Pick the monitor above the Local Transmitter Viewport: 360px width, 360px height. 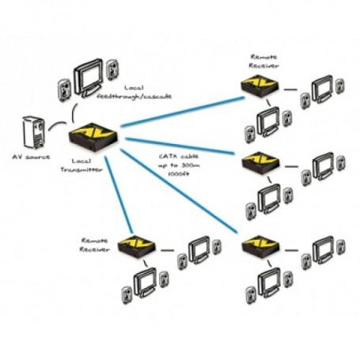[89, 74]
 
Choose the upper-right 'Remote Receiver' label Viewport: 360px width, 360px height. [264, 62]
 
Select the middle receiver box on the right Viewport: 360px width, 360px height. [261, 164]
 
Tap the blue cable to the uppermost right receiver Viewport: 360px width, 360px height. [182, 111]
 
